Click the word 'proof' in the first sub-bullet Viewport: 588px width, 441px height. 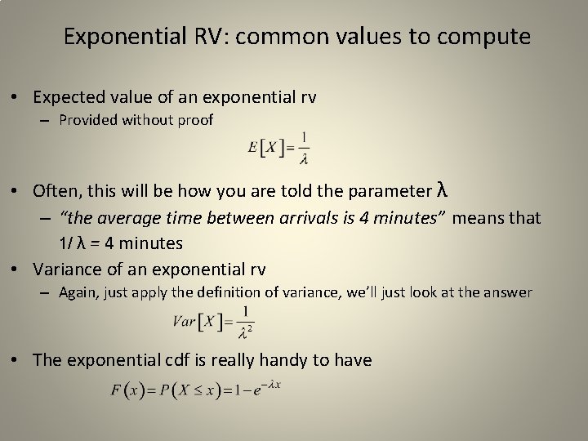pyautogui.click(x=197, y=121)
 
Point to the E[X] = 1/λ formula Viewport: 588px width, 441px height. pyautogui.click(x=278, y=147)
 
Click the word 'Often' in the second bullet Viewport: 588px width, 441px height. pyautogui.click(x=54, y=192)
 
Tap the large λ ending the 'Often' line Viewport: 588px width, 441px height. pyautogui.click(x=442, y=190)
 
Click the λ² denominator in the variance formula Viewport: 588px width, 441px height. pyautogui.click(x=244, y=331)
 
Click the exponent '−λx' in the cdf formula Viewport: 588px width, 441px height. pyautogui.click(x=270, y=384)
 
